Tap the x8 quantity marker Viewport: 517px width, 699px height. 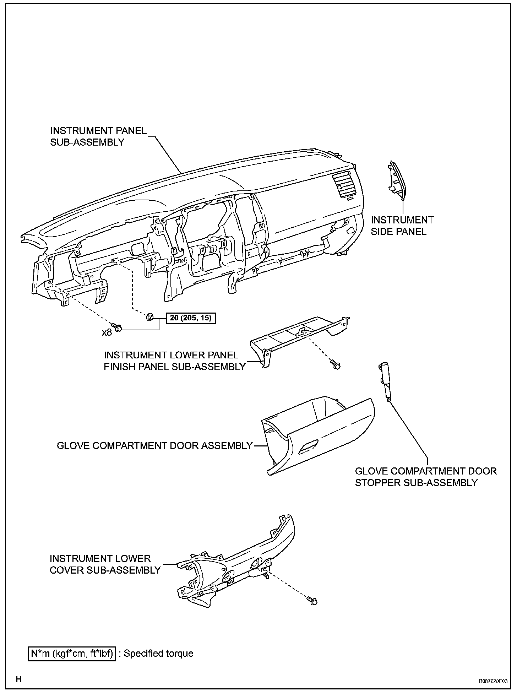click(107, 332)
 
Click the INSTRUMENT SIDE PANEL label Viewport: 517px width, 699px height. click(402, 226)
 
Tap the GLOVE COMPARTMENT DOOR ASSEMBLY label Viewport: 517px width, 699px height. click(154, 445)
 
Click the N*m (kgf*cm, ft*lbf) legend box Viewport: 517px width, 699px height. click(72, 654)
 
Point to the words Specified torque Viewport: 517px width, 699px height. click(158, 654)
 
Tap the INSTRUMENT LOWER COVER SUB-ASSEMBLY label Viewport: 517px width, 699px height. click(105, 564)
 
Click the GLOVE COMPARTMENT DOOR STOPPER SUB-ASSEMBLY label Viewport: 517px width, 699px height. click(425, 477)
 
